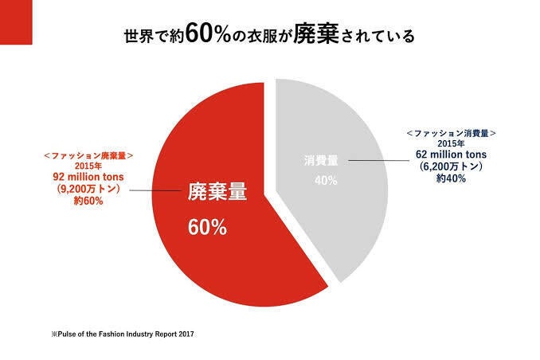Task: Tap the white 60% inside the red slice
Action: click(x=207, y=227)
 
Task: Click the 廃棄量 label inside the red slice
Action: click(x=217, y=193)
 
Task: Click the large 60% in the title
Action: click(x=210, y=35)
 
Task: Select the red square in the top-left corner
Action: click(x=16, y=22)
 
